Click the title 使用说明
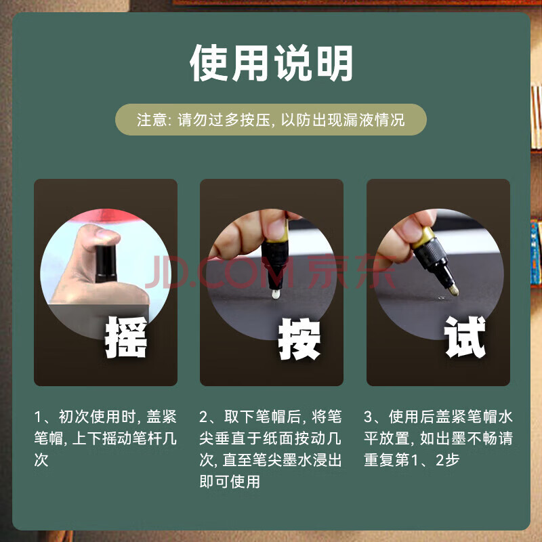[271, 63]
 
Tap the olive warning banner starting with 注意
[271, 120]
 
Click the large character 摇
[126, 337]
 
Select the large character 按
[299, 339]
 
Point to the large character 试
[465, 337]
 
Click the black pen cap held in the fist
[106, 264]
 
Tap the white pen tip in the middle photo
[276, 294]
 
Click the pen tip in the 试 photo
[454, 291]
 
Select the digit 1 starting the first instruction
[38, 417]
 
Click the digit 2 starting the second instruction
[203, 417]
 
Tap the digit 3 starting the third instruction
[368, 417]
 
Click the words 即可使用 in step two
[230, 482]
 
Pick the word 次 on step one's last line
[41, 460]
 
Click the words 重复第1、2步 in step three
[412, 460]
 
